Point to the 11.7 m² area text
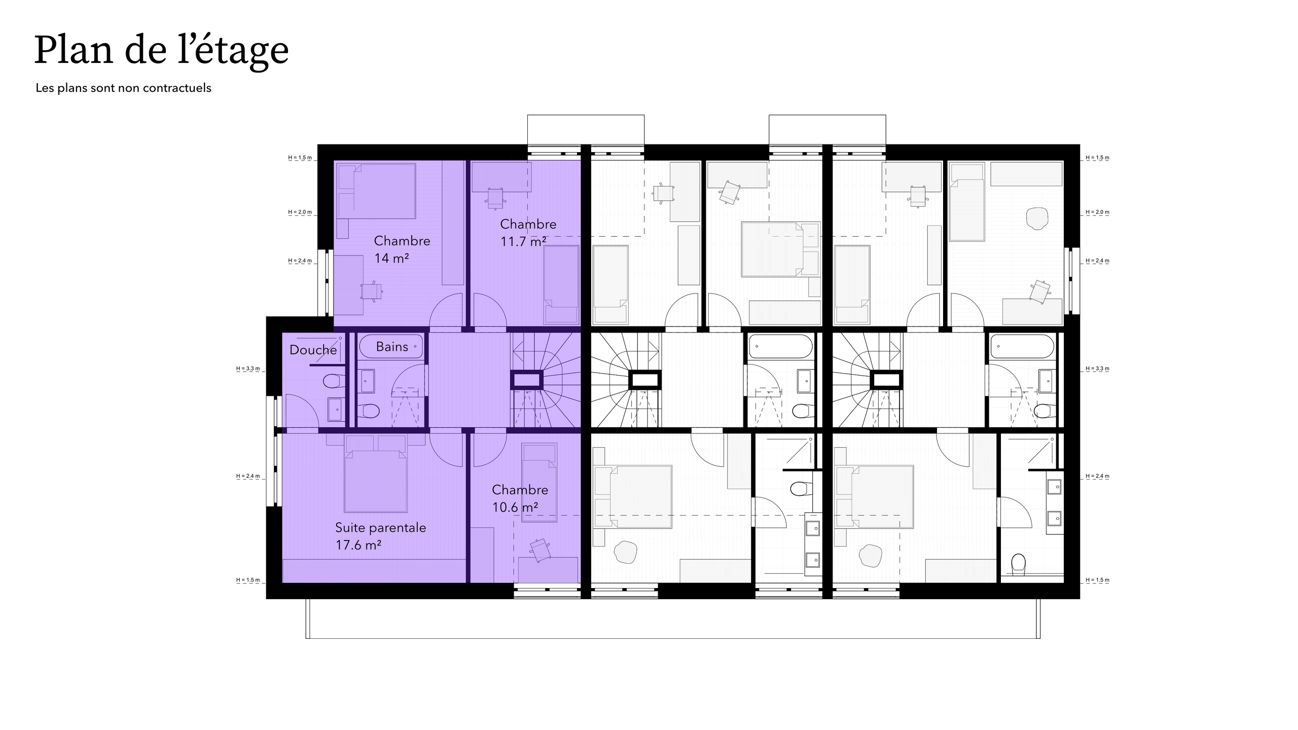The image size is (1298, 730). [523, 242]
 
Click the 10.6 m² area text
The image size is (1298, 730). [515, 507]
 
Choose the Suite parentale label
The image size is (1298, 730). [380, 528]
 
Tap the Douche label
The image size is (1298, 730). [313, 350]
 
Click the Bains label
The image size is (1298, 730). [392, 347]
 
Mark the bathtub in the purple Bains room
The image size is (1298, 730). [390, 347]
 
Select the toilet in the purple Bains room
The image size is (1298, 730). [371, 411]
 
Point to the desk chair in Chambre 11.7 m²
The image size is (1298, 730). [495, 197]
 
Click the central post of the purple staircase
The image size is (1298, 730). [526, 380]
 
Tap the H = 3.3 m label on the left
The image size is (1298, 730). [248, 369]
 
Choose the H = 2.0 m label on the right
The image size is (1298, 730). [1097, 212]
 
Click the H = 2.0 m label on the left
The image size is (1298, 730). [300, 212]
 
